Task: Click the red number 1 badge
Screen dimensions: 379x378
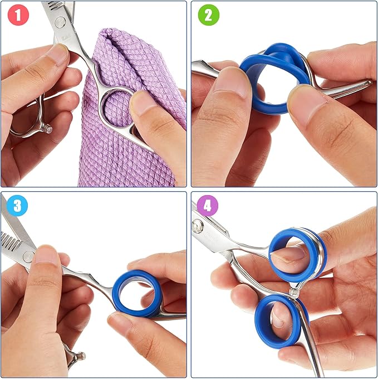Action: [x=17, y=16]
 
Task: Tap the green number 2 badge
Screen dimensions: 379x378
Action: [x=208, y=16]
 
